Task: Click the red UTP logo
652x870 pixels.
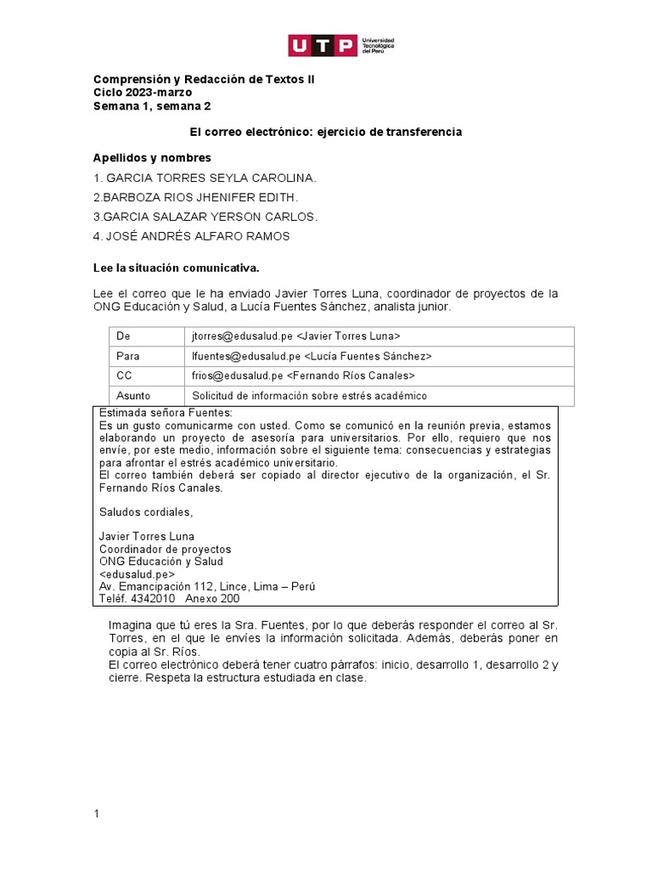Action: pos(323,45)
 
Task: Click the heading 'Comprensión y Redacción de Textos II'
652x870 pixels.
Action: pos(196,79)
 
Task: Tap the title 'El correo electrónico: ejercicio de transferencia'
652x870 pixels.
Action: pos(325,133)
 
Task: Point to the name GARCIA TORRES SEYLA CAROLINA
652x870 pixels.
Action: pos(205,178)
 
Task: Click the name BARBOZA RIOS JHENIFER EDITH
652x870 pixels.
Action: pos(196,197)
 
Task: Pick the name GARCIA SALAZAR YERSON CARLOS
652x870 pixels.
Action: pos(206,217)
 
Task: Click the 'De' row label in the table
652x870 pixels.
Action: pos(123,336)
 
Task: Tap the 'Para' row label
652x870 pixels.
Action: pos(127,356)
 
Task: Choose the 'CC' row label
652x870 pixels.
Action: pos(124,376)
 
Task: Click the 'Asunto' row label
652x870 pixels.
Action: pos(132,395)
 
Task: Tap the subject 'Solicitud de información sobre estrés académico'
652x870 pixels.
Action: pos(310,395)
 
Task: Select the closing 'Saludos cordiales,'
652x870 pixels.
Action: pos(145,512)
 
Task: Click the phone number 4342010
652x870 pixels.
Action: pos(152,598)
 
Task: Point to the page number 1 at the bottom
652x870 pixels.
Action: pos(97,814)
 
